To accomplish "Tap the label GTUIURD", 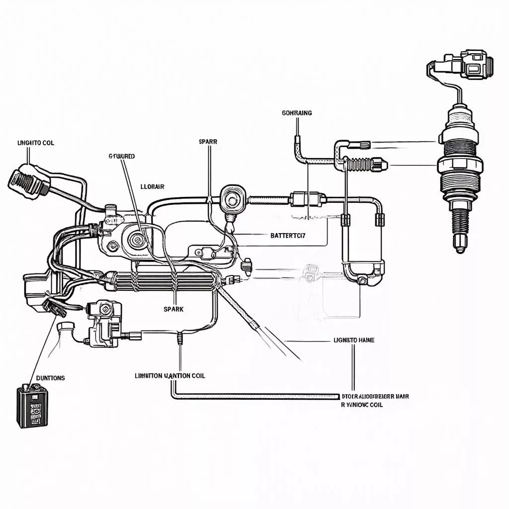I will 121,156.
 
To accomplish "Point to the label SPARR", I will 208,142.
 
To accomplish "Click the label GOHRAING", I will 297,113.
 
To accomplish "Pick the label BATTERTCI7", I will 288,236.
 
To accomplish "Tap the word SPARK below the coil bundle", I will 173,309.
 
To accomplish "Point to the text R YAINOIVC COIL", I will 362,405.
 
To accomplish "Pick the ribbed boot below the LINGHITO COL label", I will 27,181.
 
